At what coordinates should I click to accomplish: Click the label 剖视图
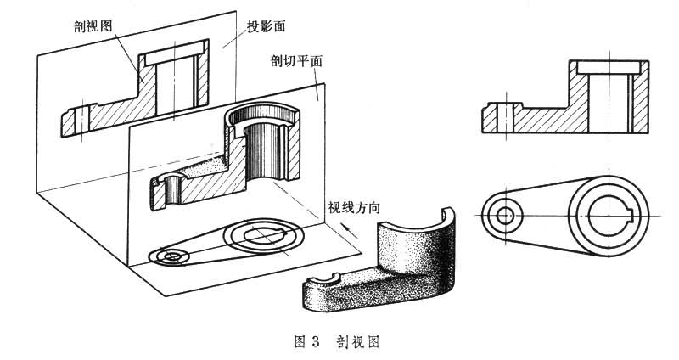[x=93, y=26]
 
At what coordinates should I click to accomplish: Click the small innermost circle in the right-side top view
[x=505, y=215]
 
